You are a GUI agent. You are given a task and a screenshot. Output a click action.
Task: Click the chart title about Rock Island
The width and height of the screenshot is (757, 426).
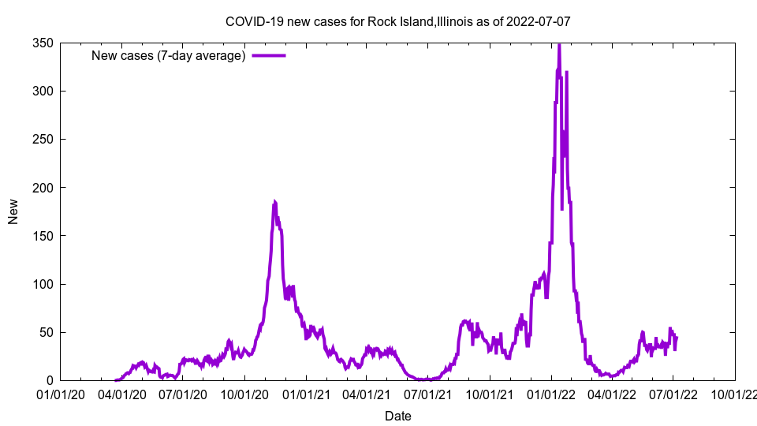coord(397,21)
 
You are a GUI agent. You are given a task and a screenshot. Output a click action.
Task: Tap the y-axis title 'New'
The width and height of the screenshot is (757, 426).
coord(13,211)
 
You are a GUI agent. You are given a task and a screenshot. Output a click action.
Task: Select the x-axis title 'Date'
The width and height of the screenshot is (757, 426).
coord(397,416)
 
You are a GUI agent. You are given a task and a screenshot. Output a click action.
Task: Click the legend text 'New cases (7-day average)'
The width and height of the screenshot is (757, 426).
coord(169,55)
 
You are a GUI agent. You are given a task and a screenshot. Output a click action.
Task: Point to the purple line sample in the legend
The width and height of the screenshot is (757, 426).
coord(269,55)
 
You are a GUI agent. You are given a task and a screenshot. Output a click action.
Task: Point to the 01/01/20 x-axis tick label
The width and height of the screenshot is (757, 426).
coord(60,394)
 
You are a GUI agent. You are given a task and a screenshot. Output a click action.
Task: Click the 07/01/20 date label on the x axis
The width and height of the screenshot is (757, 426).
coord(182,394)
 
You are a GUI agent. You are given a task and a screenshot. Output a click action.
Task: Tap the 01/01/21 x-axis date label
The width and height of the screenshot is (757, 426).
coord(306,394)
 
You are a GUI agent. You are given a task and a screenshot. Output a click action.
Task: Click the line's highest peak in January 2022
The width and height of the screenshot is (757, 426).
coord(559,45)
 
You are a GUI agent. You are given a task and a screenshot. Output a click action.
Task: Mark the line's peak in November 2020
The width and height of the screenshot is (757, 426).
coord(274,202)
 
